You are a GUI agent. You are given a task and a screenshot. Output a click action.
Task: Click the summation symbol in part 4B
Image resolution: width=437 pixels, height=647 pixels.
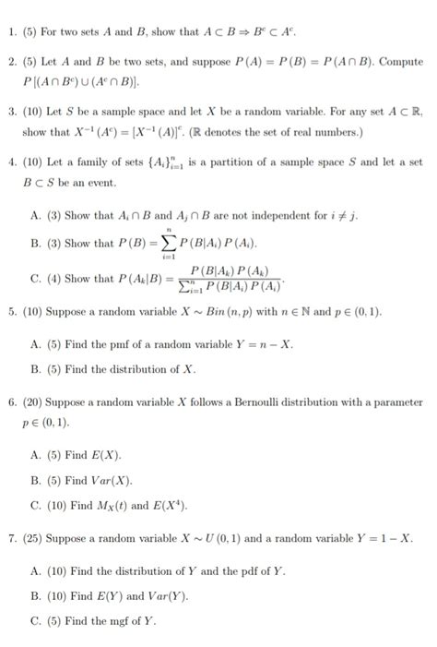tap(171, 244)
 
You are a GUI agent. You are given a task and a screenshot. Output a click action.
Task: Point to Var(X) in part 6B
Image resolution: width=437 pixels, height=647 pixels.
tap(112, 480)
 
